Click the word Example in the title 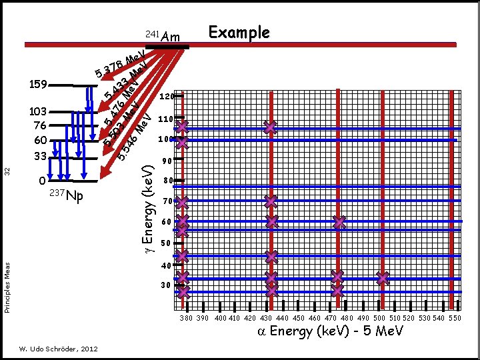239,33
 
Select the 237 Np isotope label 67,195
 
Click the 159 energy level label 39,85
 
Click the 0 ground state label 42,180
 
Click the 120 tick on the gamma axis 167,97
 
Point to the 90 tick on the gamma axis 167,161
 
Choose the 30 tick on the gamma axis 167,286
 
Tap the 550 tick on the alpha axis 455,319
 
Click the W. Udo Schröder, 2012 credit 59,349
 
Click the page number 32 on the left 7,171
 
